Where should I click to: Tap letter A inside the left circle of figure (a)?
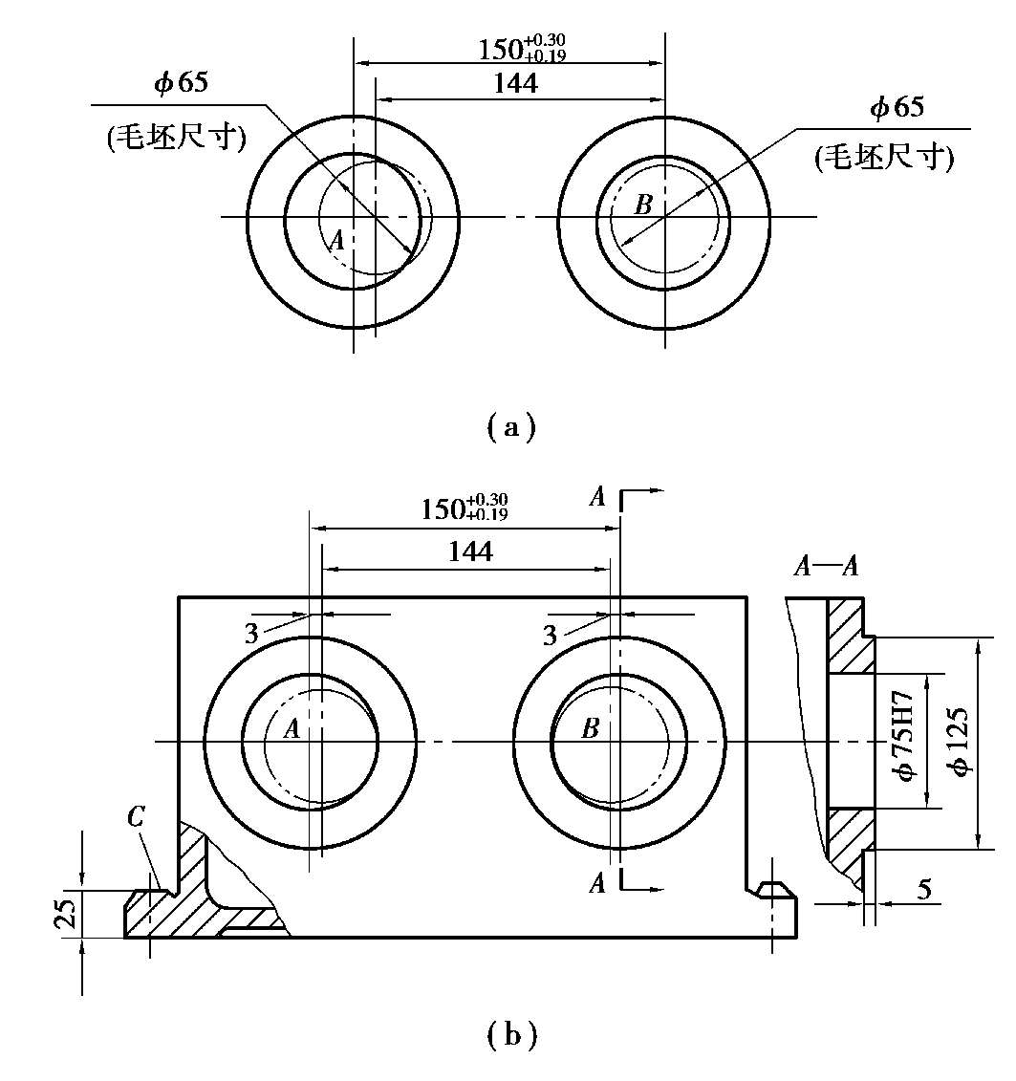click(335, 241)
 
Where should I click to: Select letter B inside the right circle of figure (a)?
click(643, 204)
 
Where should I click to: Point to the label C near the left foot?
click(136, 816)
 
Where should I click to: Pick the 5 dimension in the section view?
click(923, 890)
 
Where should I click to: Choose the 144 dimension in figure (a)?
click(515, 84)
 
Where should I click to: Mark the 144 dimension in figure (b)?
click(469, 551)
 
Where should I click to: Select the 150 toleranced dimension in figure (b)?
click(465, 508)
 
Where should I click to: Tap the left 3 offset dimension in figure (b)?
click(251, 634)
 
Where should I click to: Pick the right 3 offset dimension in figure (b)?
click(550, 634)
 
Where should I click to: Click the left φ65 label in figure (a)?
click(180, 83)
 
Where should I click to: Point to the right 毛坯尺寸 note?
click(884, 159)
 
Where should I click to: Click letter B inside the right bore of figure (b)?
click(591, 729)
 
